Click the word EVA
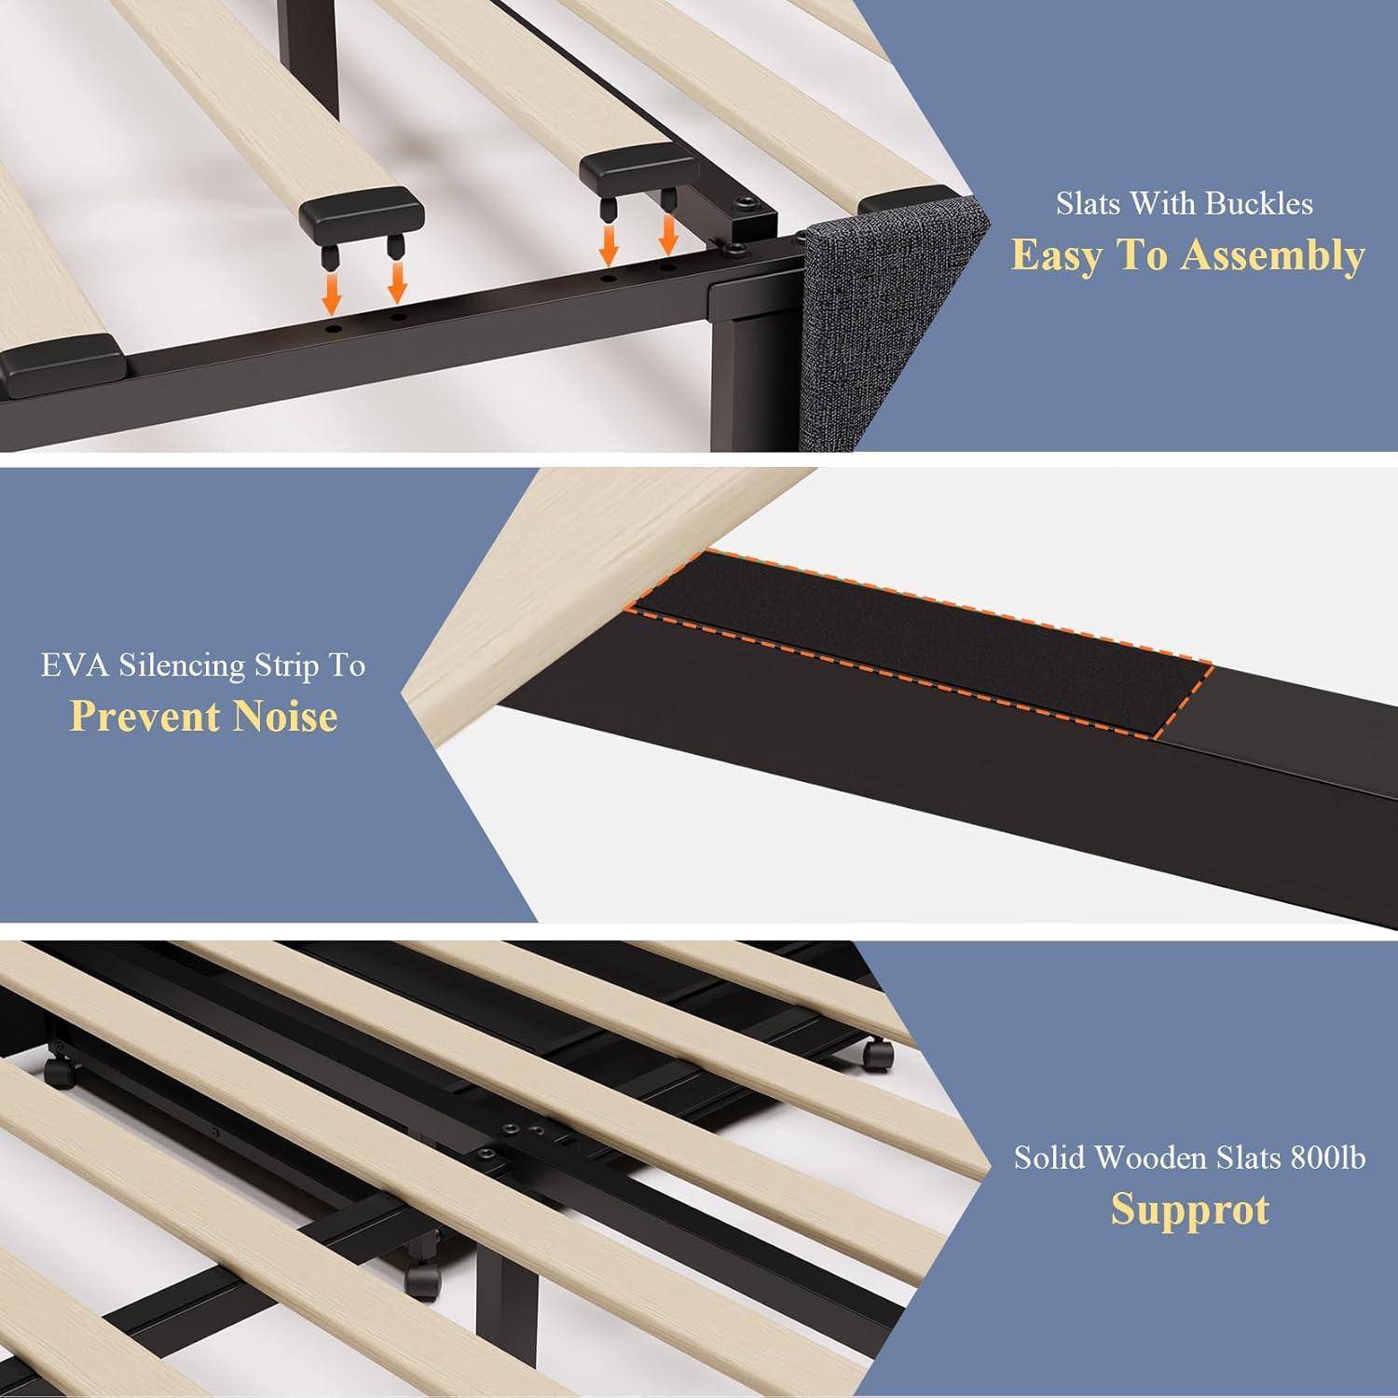pos(74,665)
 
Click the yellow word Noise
pos(285,717)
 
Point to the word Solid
pos(1049,1158)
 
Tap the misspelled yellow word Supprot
pos(1190,1211)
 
